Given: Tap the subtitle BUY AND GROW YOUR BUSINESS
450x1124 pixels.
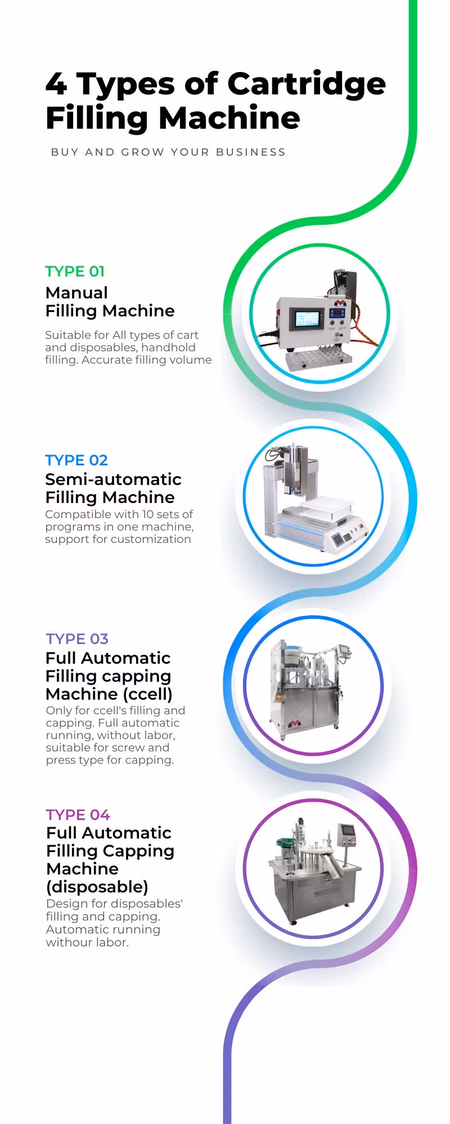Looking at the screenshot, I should tap(168, 152).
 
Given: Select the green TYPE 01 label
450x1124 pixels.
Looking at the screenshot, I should tap(75, 271).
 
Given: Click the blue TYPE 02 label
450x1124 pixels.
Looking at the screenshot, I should tap(76, 460).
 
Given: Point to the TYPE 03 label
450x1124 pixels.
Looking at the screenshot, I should tap(77, 639).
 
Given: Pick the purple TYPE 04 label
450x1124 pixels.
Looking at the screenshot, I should tap(78, 815).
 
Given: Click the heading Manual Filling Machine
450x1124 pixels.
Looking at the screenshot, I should tap(110, 302).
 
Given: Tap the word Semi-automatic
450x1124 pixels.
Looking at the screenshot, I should tap(113, 479).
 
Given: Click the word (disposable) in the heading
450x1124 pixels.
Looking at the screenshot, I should tap(97, 887).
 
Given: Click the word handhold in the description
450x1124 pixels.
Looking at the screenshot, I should tap(168, 347).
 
